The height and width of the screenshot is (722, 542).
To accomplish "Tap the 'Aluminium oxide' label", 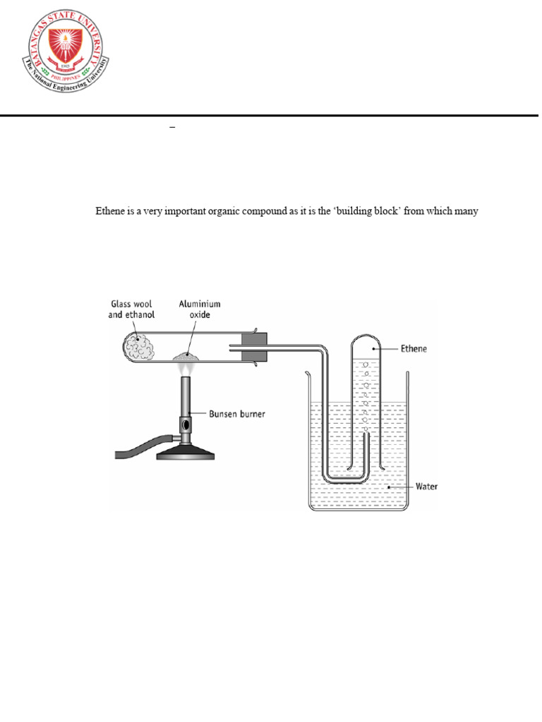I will point(199,310).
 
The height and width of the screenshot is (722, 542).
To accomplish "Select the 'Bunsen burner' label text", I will point(237,414).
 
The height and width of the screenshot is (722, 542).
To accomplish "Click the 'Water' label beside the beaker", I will point(426,487).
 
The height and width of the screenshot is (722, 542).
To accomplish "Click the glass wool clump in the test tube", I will point(138,346).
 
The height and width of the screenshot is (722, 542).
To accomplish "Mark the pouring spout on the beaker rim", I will point(307,373).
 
